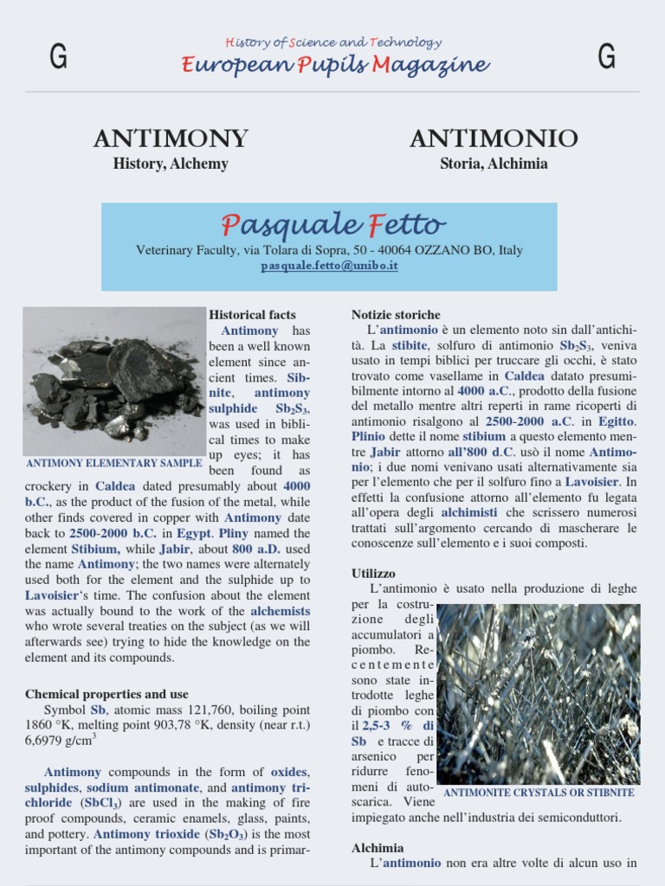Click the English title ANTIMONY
click(x=171, y=138)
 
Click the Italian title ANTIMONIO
click(x=494, y=138)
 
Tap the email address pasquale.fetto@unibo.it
click(x=329, y=266)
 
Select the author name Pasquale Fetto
click(x=333, y=225)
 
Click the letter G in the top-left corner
click(x=59, y=57)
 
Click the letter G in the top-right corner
click(x=606, y=57)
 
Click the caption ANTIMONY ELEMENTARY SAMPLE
click(x=113, y=463)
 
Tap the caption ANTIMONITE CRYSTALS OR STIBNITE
click(x=539, y=793)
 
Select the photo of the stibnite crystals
click(x=539, y=694)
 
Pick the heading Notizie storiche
click(x=396, y=315)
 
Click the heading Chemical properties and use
click(x=107, y=694)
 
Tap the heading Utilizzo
click(x=373, y=573)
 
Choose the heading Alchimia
click(x=378, y=847)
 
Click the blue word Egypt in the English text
click(x=194, y=533)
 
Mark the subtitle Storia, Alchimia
click(x=494, y=164)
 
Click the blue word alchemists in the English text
click(x=281, y=611)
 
